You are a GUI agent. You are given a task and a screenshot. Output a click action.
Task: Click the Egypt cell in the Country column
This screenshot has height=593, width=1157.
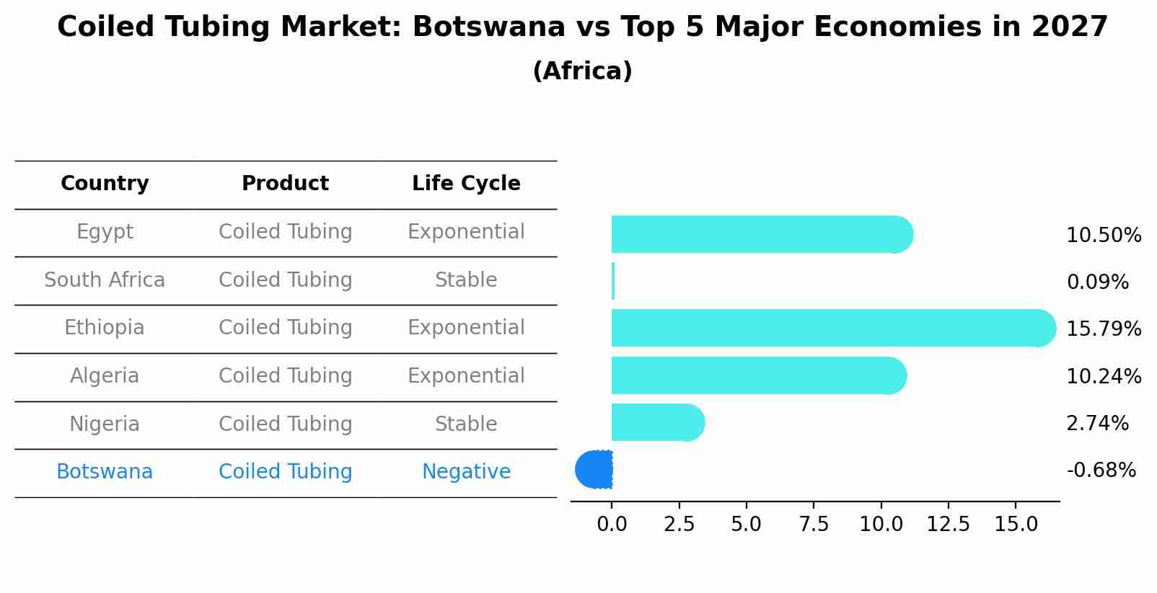click(105, 232)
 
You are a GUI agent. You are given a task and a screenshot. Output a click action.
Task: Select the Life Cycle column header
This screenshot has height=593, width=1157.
click(466, 184)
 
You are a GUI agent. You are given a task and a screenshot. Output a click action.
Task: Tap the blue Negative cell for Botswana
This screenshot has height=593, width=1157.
click(466, 472)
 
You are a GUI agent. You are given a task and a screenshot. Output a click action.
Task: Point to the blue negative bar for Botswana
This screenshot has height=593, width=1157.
click(594, 470)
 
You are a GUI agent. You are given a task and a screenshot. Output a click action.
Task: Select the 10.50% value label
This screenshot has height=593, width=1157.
click(1104, 236)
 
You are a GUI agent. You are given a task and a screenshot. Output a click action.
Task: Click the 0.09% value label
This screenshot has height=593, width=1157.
click(1097, 282)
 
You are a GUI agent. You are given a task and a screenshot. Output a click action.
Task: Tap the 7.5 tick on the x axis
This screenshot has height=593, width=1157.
click(814, 525)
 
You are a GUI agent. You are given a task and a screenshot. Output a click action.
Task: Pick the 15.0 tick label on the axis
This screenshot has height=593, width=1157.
click(1016, 525)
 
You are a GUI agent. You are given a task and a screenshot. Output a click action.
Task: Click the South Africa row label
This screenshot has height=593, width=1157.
click(105, 280)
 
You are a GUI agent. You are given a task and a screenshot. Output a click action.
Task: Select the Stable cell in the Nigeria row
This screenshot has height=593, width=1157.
click(466, 424)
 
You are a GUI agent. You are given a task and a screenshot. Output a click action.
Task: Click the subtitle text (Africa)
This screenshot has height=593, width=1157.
click(582, 71)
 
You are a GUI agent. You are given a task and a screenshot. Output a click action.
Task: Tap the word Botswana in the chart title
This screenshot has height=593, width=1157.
click(488, 27)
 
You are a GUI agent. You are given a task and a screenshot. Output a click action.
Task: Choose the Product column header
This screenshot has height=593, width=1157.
click(285, 184)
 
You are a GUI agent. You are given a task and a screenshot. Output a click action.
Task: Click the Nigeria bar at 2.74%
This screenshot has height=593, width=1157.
click(657, 422)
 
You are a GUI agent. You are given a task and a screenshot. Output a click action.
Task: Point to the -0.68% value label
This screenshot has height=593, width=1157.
click(1101, 471)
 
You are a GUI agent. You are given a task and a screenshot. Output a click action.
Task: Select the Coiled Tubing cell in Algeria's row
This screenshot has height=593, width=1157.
click(285, 376)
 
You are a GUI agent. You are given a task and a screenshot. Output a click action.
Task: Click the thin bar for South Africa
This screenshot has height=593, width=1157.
click(613, 281)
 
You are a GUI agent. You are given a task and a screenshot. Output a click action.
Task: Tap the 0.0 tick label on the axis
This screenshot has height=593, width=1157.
click(612, 525)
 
